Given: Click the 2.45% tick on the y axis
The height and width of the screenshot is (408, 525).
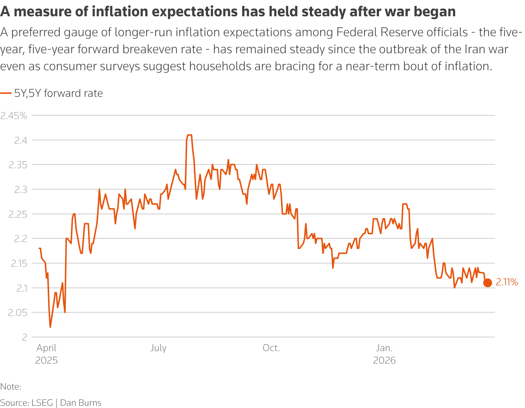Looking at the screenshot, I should click(x=14, y=116).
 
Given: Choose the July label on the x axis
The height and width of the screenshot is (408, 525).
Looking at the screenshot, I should click(x=158, y=348).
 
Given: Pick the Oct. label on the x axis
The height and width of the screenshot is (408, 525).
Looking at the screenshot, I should click(x=271, y=348).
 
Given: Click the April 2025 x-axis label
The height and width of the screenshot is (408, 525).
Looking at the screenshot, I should click(x=47, y=354).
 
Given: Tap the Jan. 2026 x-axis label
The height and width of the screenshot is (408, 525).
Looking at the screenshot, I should click(x=384, y=354).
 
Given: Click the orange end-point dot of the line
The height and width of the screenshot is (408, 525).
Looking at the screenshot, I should click(x=488, y=283).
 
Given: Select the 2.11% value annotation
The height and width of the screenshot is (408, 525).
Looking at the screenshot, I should click(x=507, y=283).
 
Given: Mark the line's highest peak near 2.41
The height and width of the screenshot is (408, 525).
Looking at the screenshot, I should click(x=189, y=135).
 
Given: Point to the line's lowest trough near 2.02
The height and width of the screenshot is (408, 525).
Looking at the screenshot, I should click(x=50, y=327).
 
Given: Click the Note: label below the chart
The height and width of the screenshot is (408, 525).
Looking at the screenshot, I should click(x=10, y=387).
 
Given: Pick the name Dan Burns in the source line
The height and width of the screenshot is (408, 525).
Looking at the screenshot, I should click(x=81, y=403).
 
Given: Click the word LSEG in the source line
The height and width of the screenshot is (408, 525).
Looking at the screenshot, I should click(x=42, y=403).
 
